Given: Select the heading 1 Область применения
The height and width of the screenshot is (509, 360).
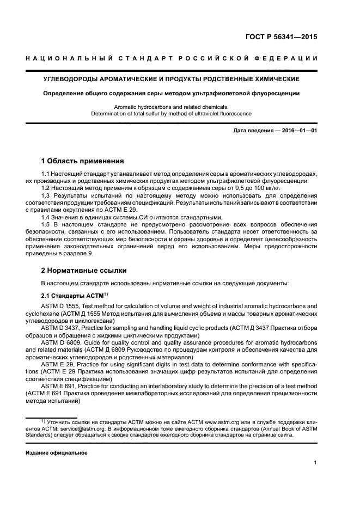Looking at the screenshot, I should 83,161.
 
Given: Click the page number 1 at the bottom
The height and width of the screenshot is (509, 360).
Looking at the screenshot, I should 315,463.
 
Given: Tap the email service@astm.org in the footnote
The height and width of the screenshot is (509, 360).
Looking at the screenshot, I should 90,428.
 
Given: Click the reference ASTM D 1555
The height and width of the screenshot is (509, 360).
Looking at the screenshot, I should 60,306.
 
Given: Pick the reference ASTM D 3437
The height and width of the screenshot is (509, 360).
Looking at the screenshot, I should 60,329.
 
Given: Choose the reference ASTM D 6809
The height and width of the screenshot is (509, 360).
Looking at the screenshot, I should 60,344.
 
